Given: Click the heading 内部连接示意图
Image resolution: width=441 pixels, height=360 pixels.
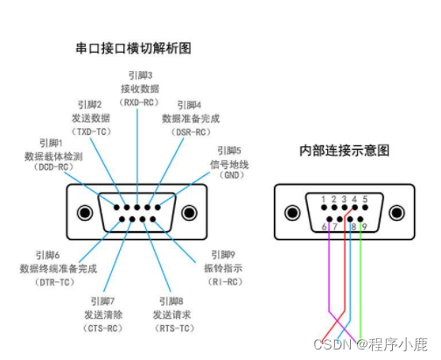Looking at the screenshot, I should [346, 151].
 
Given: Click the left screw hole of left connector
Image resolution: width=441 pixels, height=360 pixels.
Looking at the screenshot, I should [85, 213].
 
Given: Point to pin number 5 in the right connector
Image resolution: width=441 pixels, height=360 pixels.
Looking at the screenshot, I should [365, 200].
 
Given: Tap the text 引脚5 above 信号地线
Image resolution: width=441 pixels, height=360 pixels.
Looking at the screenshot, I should [228, 150].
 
